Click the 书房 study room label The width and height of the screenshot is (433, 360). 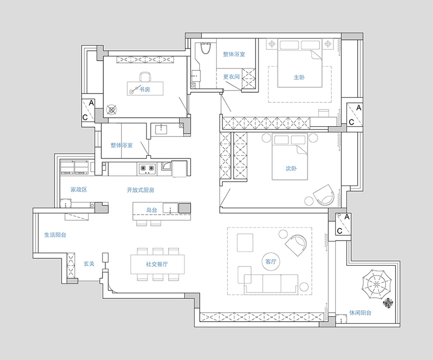145,89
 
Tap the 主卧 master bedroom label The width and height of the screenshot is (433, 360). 299,77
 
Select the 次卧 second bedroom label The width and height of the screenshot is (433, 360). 291,168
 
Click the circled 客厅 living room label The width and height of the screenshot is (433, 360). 271,261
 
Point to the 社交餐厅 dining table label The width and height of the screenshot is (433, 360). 157,264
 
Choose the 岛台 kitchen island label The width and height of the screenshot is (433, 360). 152,210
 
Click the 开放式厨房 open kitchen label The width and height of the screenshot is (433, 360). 141,190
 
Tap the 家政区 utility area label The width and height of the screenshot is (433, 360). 78,190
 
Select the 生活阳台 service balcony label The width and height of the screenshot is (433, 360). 55,235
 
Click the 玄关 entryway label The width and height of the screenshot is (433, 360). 89,264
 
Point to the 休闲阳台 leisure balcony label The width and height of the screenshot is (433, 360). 360,313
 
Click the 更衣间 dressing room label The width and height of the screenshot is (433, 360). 231,77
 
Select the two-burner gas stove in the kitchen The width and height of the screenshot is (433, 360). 147,169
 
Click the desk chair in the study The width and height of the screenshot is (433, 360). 145,77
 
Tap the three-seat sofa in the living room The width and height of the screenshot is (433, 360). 271,284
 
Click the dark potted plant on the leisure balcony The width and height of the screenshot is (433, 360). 388,303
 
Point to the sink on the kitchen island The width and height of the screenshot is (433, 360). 170,208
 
